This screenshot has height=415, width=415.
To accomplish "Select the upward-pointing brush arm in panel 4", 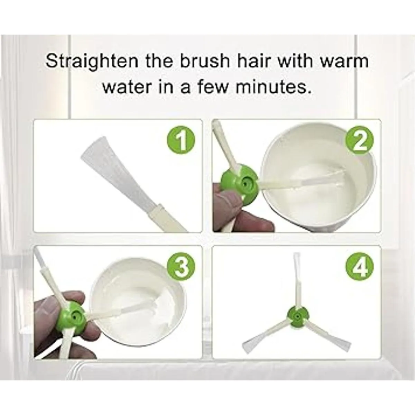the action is pyautogui.click(x=297, y=280).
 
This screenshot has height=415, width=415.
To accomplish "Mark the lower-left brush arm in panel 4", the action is pyautogui.click(x=266, y=336).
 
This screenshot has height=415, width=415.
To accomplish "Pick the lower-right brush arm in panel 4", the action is pyautogui.click(x=328, y=336).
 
